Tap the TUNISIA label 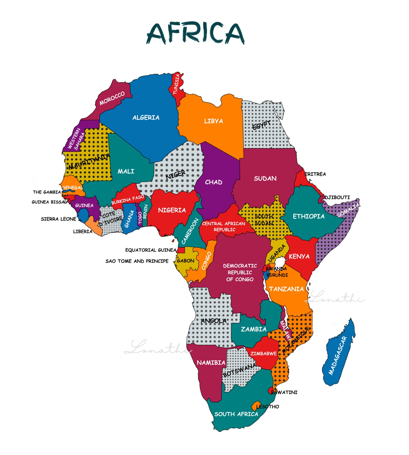(x=176, y=84)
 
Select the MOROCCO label (x=112, y=98)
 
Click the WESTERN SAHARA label (x=76, y=140)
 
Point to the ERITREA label (x=315, y=174)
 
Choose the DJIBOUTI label (x=337, y=197)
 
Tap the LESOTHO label (x=268, y=407)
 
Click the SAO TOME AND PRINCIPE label (x=137, y=261)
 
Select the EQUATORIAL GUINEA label (x=151, y=250)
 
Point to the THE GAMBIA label (x=47, y=192)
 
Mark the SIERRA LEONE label (x=58, y=219)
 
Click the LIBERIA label (x=82, y=231)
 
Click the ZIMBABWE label (x=263, y=353)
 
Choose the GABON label (x=185, y=261)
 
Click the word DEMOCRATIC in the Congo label (x=240, y=266)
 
